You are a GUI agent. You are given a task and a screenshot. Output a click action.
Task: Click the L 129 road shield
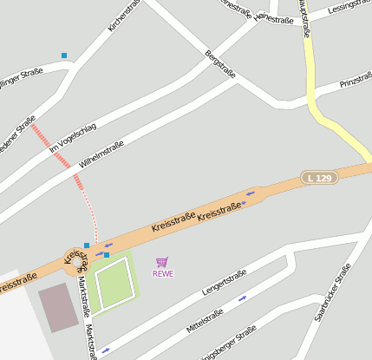[x=319, y=178]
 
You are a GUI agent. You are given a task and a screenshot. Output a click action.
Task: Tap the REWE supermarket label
[x=163, y=274]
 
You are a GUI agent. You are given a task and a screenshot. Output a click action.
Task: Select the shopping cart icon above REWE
[x=162, y=262]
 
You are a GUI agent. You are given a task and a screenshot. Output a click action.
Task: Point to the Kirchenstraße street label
[x=123, y=16]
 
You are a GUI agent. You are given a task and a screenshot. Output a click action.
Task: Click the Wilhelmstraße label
[x=101, y=154]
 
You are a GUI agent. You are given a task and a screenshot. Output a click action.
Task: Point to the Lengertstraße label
[x=225, y=283]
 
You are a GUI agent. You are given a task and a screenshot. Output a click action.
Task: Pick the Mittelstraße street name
[x=205, y=320]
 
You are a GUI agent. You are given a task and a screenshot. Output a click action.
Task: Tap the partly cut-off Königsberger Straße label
[x=229, y=344]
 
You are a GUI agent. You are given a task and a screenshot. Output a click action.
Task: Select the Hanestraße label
[x=275, y=19]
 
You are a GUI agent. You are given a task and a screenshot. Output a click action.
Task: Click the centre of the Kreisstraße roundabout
[x=75, y=260]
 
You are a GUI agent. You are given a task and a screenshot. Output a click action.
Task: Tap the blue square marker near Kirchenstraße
[x=64, y=56]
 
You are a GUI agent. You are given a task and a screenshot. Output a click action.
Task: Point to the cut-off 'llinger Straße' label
[x=19, y=76]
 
